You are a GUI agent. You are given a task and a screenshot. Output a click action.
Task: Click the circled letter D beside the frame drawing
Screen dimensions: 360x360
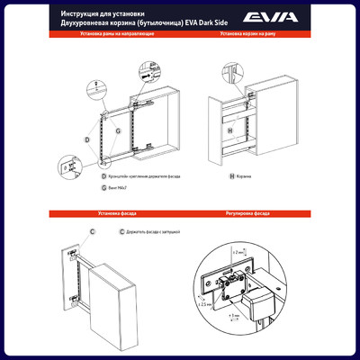[x=87, y=139]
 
